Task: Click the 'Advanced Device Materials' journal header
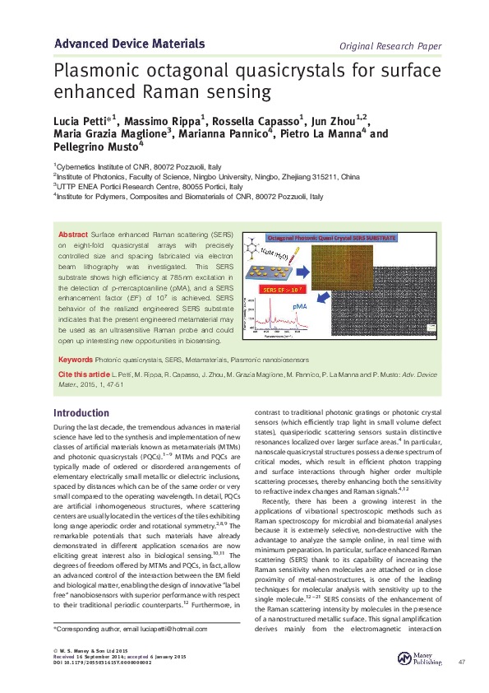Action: (129, 43)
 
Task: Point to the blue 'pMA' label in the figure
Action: (346, 305)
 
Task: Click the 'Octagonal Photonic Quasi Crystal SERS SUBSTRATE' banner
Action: (331, 238)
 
